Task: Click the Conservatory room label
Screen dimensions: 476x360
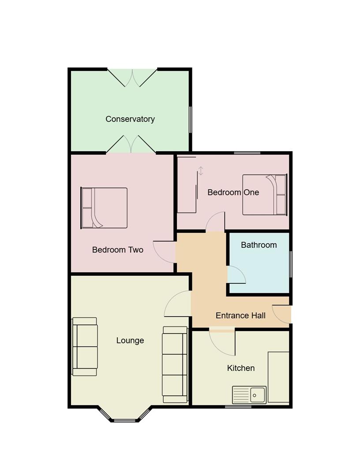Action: [130, 119]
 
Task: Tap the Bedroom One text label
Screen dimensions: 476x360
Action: [233, 192]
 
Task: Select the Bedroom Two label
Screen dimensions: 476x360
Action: [117, 250]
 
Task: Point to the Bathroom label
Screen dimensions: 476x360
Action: [259, 245]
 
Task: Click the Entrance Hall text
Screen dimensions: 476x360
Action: [240, 316]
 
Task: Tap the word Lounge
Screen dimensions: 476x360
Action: [130, 340]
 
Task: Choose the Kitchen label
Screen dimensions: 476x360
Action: [240, 368]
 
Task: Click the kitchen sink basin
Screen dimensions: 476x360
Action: [257, 394]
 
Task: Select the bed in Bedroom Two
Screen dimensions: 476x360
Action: [105, 208]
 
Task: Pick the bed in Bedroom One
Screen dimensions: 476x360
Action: [264, 194]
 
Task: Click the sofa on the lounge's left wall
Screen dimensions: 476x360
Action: [85, 346]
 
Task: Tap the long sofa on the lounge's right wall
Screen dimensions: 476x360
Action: [175, 364]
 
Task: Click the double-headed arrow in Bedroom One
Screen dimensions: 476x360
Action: [201, 171]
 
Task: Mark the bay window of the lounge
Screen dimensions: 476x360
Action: [124, 417]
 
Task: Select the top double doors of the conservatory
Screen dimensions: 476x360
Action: [132, 77]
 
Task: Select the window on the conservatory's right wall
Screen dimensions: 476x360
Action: [191, 119]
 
